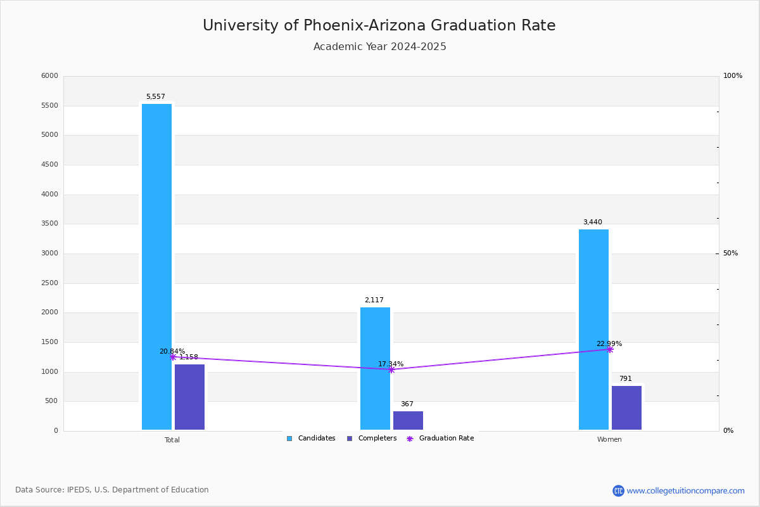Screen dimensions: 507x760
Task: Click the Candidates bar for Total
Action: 156,266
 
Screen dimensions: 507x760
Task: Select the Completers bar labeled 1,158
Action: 189,397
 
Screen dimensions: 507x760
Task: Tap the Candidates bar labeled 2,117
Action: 375,368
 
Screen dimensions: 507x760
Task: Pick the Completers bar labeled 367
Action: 408,420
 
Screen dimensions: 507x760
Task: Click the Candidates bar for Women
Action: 593,329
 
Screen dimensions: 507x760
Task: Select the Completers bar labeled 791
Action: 626,408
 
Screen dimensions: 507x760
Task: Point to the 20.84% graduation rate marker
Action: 173,357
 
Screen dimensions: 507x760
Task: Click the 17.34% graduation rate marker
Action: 391,369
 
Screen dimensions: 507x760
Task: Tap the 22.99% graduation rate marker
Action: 610,349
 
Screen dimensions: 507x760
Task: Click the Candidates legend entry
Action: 311,439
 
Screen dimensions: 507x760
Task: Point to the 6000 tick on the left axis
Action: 49,76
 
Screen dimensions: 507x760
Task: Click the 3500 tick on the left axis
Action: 49,224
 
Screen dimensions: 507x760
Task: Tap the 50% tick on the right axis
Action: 730,253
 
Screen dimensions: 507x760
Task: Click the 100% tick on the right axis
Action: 732,76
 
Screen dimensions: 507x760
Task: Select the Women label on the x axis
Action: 609,440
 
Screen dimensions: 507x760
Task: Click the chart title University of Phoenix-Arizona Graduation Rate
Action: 379,25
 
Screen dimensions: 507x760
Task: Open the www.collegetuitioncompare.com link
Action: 685,491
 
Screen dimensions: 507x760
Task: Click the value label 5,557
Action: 156,97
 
